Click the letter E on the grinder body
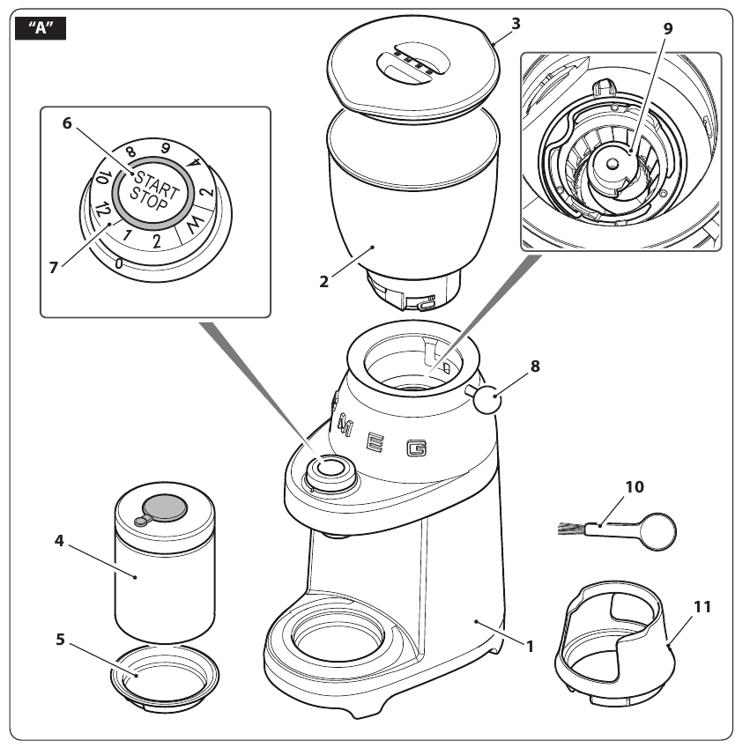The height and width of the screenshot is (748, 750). [x=375, y=440]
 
